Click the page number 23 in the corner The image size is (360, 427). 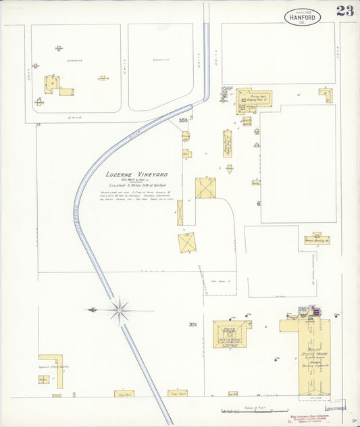344,11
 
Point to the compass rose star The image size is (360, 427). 120,310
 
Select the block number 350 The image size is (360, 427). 183,121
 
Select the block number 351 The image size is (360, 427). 192,325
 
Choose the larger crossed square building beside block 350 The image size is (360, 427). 205,188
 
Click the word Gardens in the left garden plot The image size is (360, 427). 74,59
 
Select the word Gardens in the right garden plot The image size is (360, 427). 161,59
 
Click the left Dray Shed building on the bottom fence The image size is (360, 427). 124,393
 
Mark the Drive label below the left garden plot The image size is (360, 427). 76,118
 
